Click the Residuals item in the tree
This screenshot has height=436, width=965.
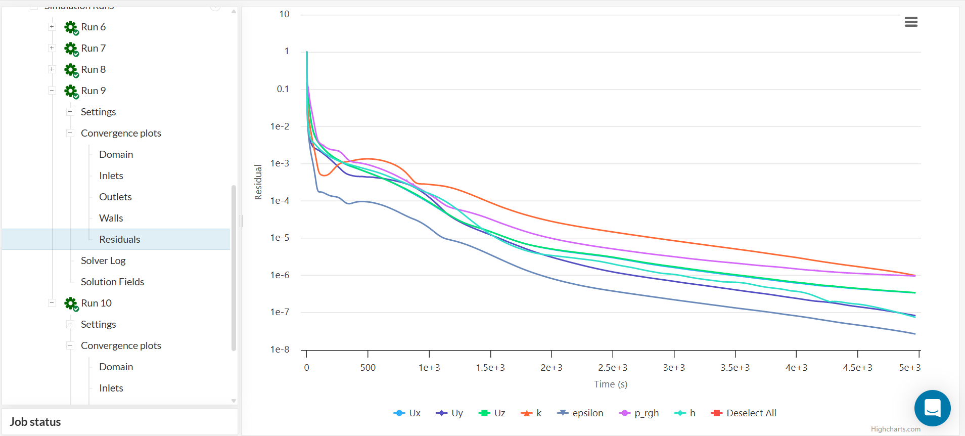tap(119, 239)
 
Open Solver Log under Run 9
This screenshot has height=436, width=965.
tap(103, 260)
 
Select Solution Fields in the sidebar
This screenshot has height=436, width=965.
tap(112, 282)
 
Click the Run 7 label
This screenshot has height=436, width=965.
tap(93, 48)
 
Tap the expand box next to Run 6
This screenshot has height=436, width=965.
tap(52, 27)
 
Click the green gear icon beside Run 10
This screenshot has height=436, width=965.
tap(71, 303)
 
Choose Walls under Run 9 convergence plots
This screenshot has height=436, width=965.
tap(111, 218)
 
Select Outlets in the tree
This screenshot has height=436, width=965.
tap(115, 197)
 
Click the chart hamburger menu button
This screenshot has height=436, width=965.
tap(911, 22)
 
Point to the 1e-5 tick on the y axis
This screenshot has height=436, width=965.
tap(280, 238)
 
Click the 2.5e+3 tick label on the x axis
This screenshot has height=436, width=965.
tap(613, 368)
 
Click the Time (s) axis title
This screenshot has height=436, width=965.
tap(611, 384)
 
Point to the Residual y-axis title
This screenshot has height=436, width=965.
tap(258, 182)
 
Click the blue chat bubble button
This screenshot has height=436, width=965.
tap(932, 408)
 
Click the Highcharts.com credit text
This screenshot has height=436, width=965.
tap(895, 429)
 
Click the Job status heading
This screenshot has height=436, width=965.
tap(35, 422)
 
